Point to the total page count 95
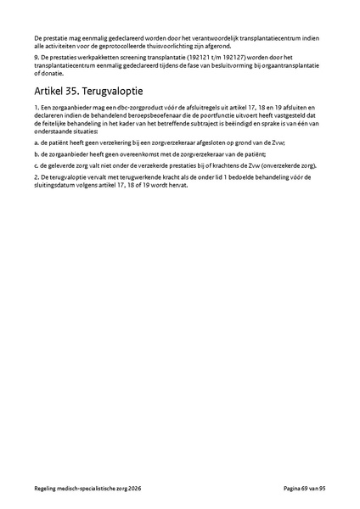tap(323, 489)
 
